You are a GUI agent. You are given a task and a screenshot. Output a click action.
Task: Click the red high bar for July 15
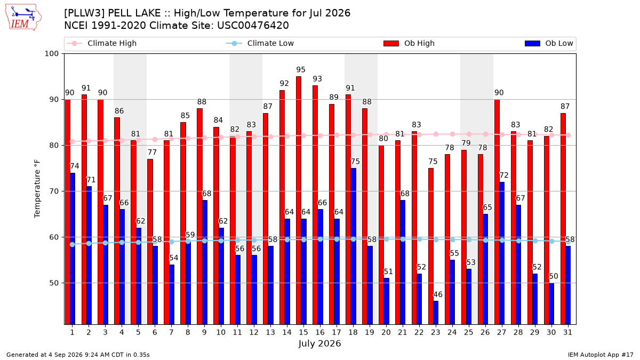tap(299, 201)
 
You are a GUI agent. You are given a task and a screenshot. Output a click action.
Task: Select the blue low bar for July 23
tap(436, 313)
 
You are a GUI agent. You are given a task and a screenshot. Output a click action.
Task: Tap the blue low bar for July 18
tap(353, 246)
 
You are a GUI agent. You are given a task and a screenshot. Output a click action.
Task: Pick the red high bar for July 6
tap(150, 242)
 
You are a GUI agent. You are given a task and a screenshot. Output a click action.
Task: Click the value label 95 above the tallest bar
tap(301, 70)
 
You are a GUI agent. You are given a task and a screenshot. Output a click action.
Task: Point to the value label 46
tap(438, 294)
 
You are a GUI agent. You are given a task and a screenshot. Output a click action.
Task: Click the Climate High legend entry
tap(102, 43)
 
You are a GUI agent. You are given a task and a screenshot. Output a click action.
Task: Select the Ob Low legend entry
tap(549, 43)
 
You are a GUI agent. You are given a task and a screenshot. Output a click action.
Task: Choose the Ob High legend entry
tap(409, 43)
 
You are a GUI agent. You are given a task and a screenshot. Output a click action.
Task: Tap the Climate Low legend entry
tap(260, 43)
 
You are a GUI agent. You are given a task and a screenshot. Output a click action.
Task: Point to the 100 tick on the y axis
tap(51, 54)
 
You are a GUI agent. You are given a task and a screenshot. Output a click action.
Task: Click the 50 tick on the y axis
tap(54, 283)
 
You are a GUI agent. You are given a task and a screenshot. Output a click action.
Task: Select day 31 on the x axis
tap(567, 332)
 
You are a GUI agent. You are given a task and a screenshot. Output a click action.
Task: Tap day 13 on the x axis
tap(270, 332)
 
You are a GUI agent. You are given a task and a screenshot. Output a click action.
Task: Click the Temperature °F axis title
tap(37, 189)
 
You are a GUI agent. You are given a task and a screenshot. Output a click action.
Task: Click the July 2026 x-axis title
tap(319, 343)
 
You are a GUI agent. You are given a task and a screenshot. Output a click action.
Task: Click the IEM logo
tap(23, 18)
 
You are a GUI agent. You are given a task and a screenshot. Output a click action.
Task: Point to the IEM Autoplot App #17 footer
tap(601, 355)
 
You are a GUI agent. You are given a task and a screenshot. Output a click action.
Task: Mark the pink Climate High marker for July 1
tap(73, 141)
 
